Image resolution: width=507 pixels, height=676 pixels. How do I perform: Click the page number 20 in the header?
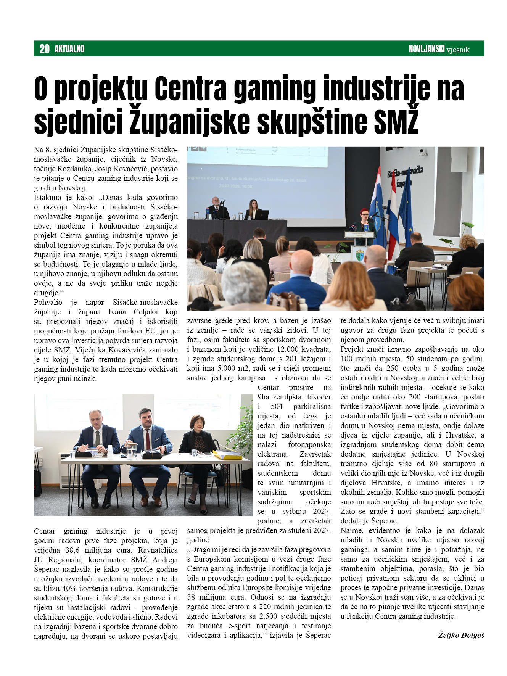[44, 49]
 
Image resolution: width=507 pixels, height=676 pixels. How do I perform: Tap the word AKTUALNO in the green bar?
[69, 49]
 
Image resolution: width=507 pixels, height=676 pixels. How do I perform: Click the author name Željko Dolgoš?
[461, 635]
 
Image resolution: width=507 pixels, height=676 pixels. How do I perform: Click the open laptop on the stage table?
[261, 214]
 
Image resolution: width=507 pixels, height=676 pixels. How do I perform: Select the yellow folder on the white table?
[227, 455]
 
